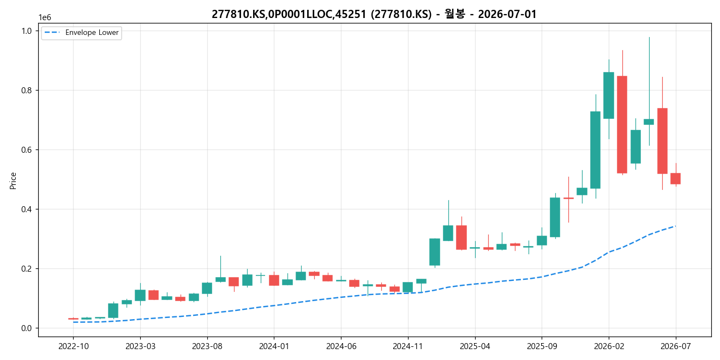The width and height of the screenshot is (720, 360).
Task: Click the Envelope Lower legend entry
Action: tap(81, 33)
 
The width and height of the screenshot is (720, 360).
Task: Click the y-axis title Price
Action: tap(13, 181)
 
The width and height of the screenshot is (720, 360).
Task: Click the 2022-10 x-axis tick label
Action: tap(73, 346)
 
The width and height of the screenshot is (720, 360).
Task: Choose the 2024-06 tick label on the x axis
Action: tap(341, 346)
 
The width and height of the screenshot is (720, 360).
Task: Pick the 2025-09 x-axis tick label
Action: tap(542, 346)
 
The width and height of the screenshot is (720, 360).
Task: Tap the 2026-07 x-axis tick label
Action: tap(676, 346)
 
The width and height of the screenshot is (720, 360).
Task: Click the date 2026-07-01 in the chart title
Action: tap(507, 14)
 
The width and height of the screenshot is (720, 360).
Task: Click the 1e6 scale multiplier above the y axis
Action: tap(45, 17)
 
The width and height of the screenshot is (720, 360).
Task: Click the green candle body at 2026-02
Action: tap(609, 95)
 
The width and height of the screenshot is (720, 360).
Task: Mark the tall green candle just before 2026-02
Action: tap(595, 150)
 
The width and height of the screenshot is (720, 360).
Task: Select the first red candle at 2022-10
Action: tap(73, 319)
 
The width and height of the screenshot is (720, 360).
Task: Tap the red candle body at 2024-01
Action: tap(274, 280)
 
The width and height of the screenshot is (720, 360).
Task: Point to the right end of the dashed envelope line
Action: tap(676, 226)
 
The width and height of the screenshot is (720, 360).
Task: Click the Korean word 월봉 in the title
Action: tap(455, 14)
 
